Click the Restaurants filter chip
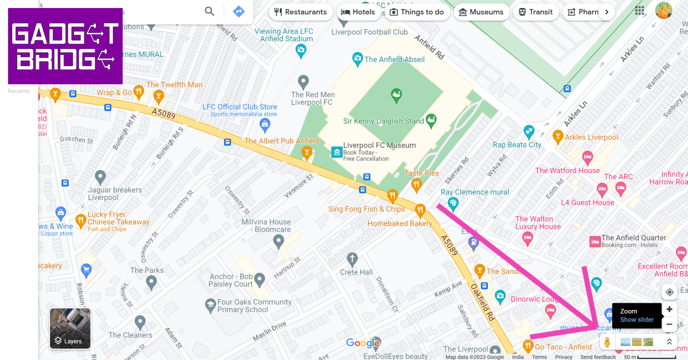tap(300, 12)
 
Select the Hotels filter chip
tap(358, 12)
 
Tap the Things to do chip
tap(417, 12)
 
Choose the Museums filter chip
tap(481, 12)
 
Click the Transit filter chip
tap(535, 12)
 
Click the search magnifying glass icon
tap(210, 11)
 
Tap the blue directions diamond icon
tap(239, 11)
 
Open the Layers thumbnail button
tap(70, 328)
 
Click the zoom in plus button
tap(669, 310)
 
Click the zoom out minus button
tap(669, 324)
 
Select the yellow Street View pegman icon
tap(607, 342)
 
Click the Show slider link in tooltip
tap(636, 320)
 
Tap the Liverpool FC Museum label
tap(379, 146)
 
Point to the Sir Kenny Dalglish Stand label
tap(384, 121)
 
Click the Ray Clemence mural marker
tap(453, 204)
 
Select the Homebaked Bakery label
tap(400, 224)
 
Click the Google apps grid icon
tap(639, 10)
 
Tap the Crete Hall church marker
tap(352, 259)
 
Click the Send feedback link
tap(598, 357)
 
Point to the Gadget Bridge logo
tap(65, 46)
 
